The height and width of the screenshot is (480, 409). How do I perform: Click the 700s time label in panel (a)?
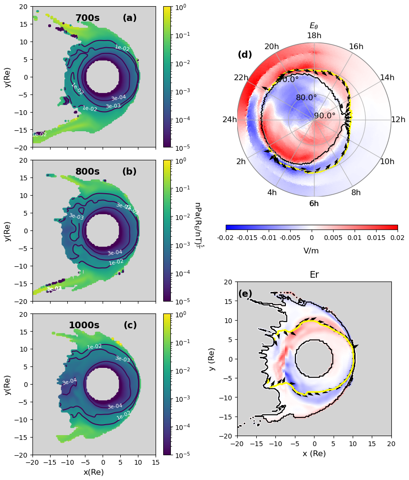tap(87, 18)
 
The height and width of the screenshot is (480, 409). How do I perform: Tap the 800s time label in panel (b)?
tap(87, 172)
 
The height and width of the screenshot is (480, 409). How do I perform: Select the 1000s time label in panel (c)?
tap(84, 325)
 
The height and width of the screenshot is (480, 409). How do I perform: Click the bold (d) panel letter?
tap(245, 55)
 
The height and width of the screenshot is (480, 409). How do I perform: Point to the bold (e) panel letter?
tap(245, 294)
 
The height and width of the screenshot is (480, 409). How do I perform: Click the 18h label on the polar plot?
tap(314, 36)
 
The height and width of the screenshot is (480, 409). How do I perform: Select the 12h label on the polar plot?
tap(398, 120)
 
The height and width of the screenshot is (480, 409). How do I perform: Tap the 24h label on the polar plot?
tap(230, 120)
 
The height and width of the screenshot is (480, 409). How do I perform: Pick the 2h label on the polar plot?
tap(241, 162)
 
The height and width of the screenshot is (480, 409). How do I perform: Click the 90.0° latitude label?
tap(325, 115)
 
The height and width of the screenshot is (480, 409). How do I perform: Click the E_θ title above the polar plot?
tap(314, 26)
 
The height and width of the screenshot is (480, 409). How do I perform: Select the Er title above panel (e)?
tap(314, 275)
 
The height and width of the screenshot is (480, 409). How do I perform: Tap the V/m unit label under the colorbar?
tap(312, 250)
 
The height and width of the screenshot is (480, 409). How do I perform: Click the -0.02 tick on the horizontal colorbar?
tap(226, 237)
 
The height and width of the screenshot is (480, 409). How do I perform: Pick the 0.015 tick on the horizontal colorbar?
tap(376, 237)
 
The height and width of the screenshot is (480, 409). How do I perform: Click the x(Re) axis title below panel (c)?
tap(94, 472)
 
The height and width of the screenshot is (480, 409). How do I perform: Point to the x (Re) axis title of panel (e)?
tap(314, 454)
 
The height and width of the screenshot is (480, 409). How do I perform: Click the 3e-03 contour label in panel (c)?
tap(123, 359)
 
